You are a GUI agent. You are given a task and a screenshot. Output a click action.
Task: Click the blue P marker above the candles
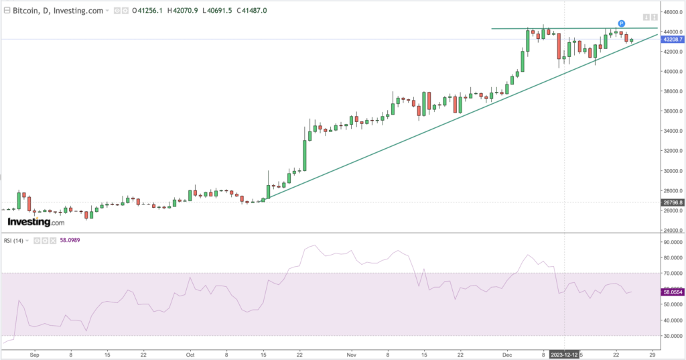pyautogui.click(x=622, y=24)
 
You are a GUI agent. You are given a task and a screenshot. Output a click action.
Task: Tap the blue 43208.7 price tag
pyautogui.click(x=672, y=40)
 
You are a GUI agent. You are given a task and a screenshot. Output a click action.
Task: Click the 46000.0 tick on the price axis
pyautogui.click(x=671, y=12)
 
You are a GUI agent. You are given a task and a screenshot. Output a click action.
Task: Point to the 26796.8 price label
pyautogui.click(x=672, y=202)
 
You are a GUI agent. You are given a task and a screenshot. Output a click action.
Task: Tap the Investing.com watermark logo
pyautogui.click(x=36, y=222)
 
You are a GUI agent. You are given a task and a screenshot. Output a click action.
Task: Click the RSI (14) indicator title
pyautogui.click(x=13, y=241)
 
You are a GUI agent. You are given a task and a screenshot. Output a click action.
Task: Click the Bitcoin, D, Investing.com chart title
pyautogui.click(x=58, y=11)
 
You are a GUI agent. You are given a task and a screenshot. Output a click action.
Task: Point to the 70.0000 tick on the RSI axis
pyautogui.click(x=672, y=273)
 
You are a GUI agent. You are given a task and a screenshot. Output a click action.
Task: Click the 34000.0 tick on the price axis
pyautogui.click(x=671, y=131)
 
